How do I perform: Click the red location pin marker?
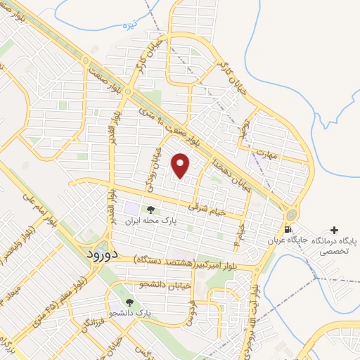[181, 166]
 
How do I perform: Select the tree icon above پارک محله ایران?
[150, 209]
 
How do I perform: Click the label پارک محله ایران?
[149, 220]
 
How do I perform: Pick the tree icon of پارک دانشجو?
[128, 302]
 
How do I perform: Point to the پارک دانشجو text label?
[131, 311]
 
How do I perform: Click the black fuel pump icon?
[287, 230]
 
